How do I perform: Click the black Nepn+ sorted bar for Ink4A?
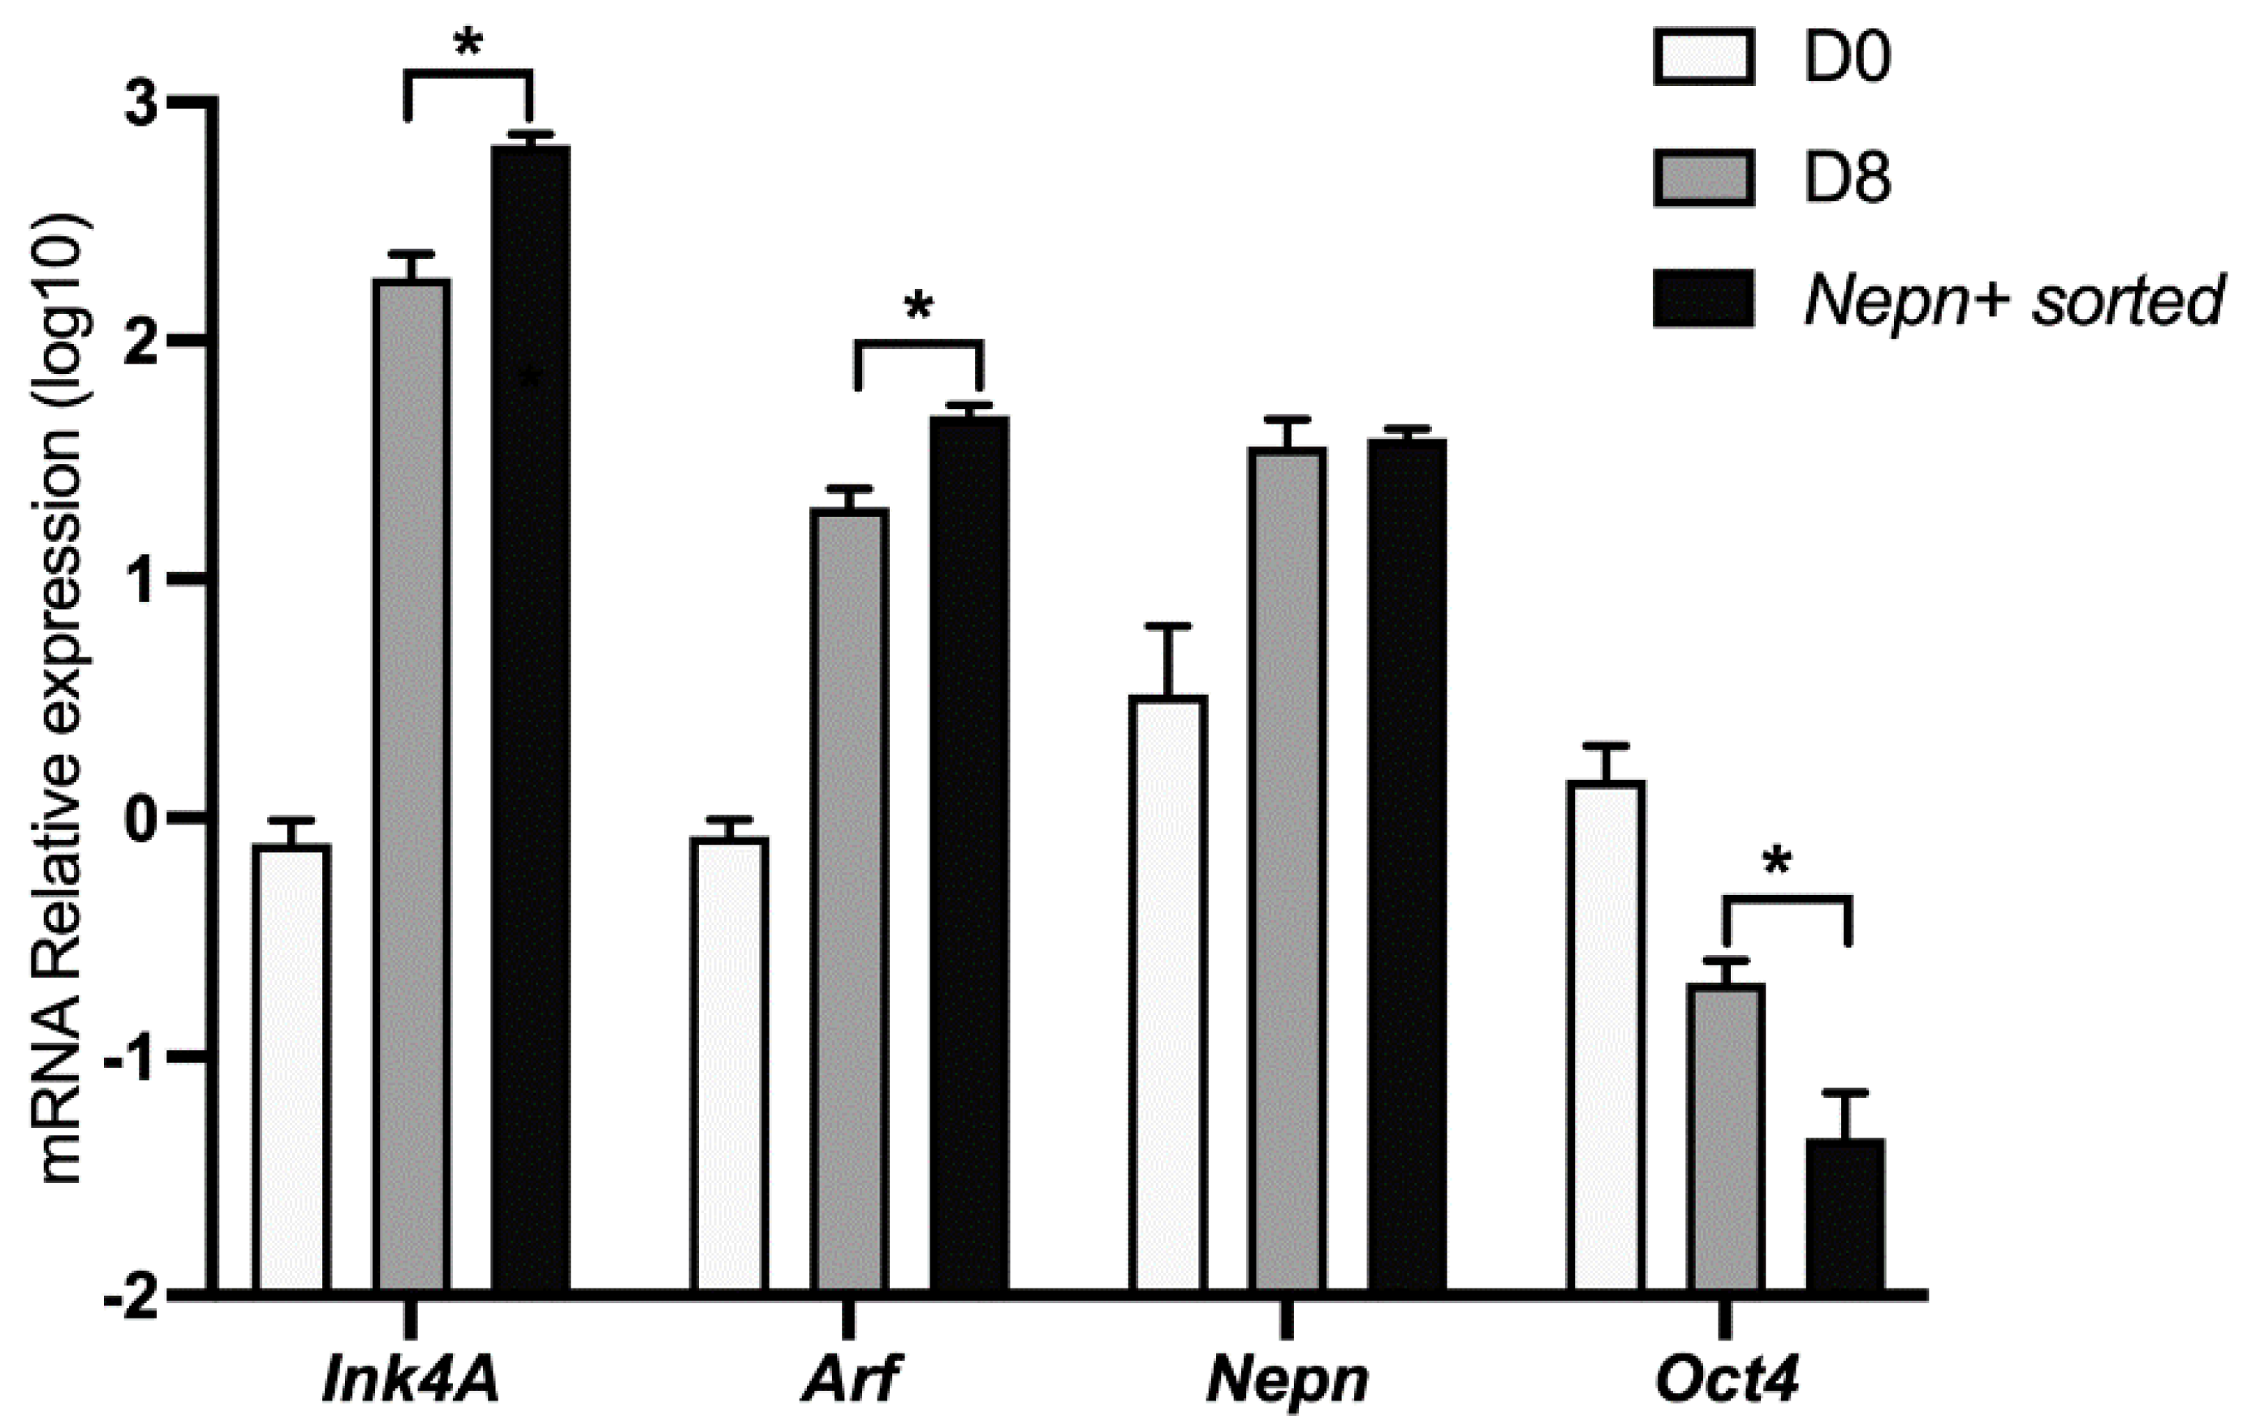point(530,717)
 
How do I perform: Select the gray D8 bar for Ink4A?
point(412,782)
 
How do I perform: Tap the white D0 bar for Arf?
point(729,1061)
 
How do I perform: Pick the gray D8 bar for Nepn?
point(1288,866)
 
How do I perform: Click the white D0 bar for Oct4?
point(1606,1034)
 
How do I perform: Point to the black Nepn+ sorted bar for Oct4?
point(1845,1216)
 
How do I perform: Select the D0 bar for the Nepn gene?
point(1168,992)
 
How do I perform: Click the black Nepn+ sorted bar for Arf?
point(969,852)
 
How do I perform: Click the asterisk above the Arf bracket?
point(918,308)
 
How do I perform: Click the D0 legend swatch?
point(1704,57)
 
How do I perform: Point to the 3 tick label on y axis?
point(143,107)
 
